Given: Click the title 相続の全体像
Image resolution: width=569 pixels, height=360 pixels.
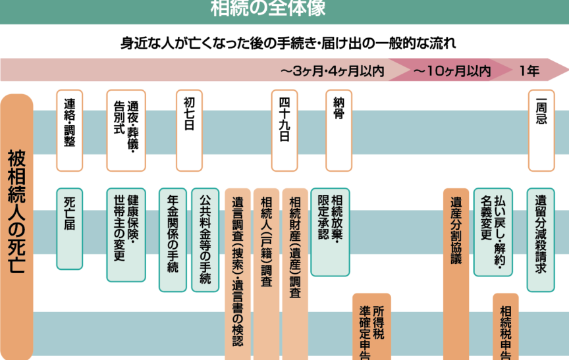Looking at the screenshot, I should (268, 9).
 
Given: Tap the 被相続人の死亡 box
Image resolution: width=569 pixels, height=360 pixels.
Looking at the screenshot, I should (16, 224).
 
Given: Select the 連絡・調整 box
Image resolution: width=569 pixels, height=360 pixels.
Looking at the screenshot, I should (69, 125).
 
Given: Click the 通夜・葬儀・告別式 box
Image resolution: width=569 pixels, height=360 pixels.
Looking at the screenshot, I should (125, 125).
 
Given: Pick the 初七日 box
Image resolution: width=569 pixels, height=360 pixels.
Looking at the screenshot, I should (189, 125).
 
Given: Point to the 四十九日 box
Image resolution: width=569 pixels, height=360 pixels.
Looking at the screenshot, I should (284, 125).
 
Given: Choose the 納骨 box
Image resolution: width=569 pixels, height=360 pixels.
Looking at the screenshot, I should (339, 125).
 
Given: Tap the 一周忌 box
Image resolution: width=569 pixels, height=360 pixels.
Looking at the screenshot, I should (541, 125).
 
